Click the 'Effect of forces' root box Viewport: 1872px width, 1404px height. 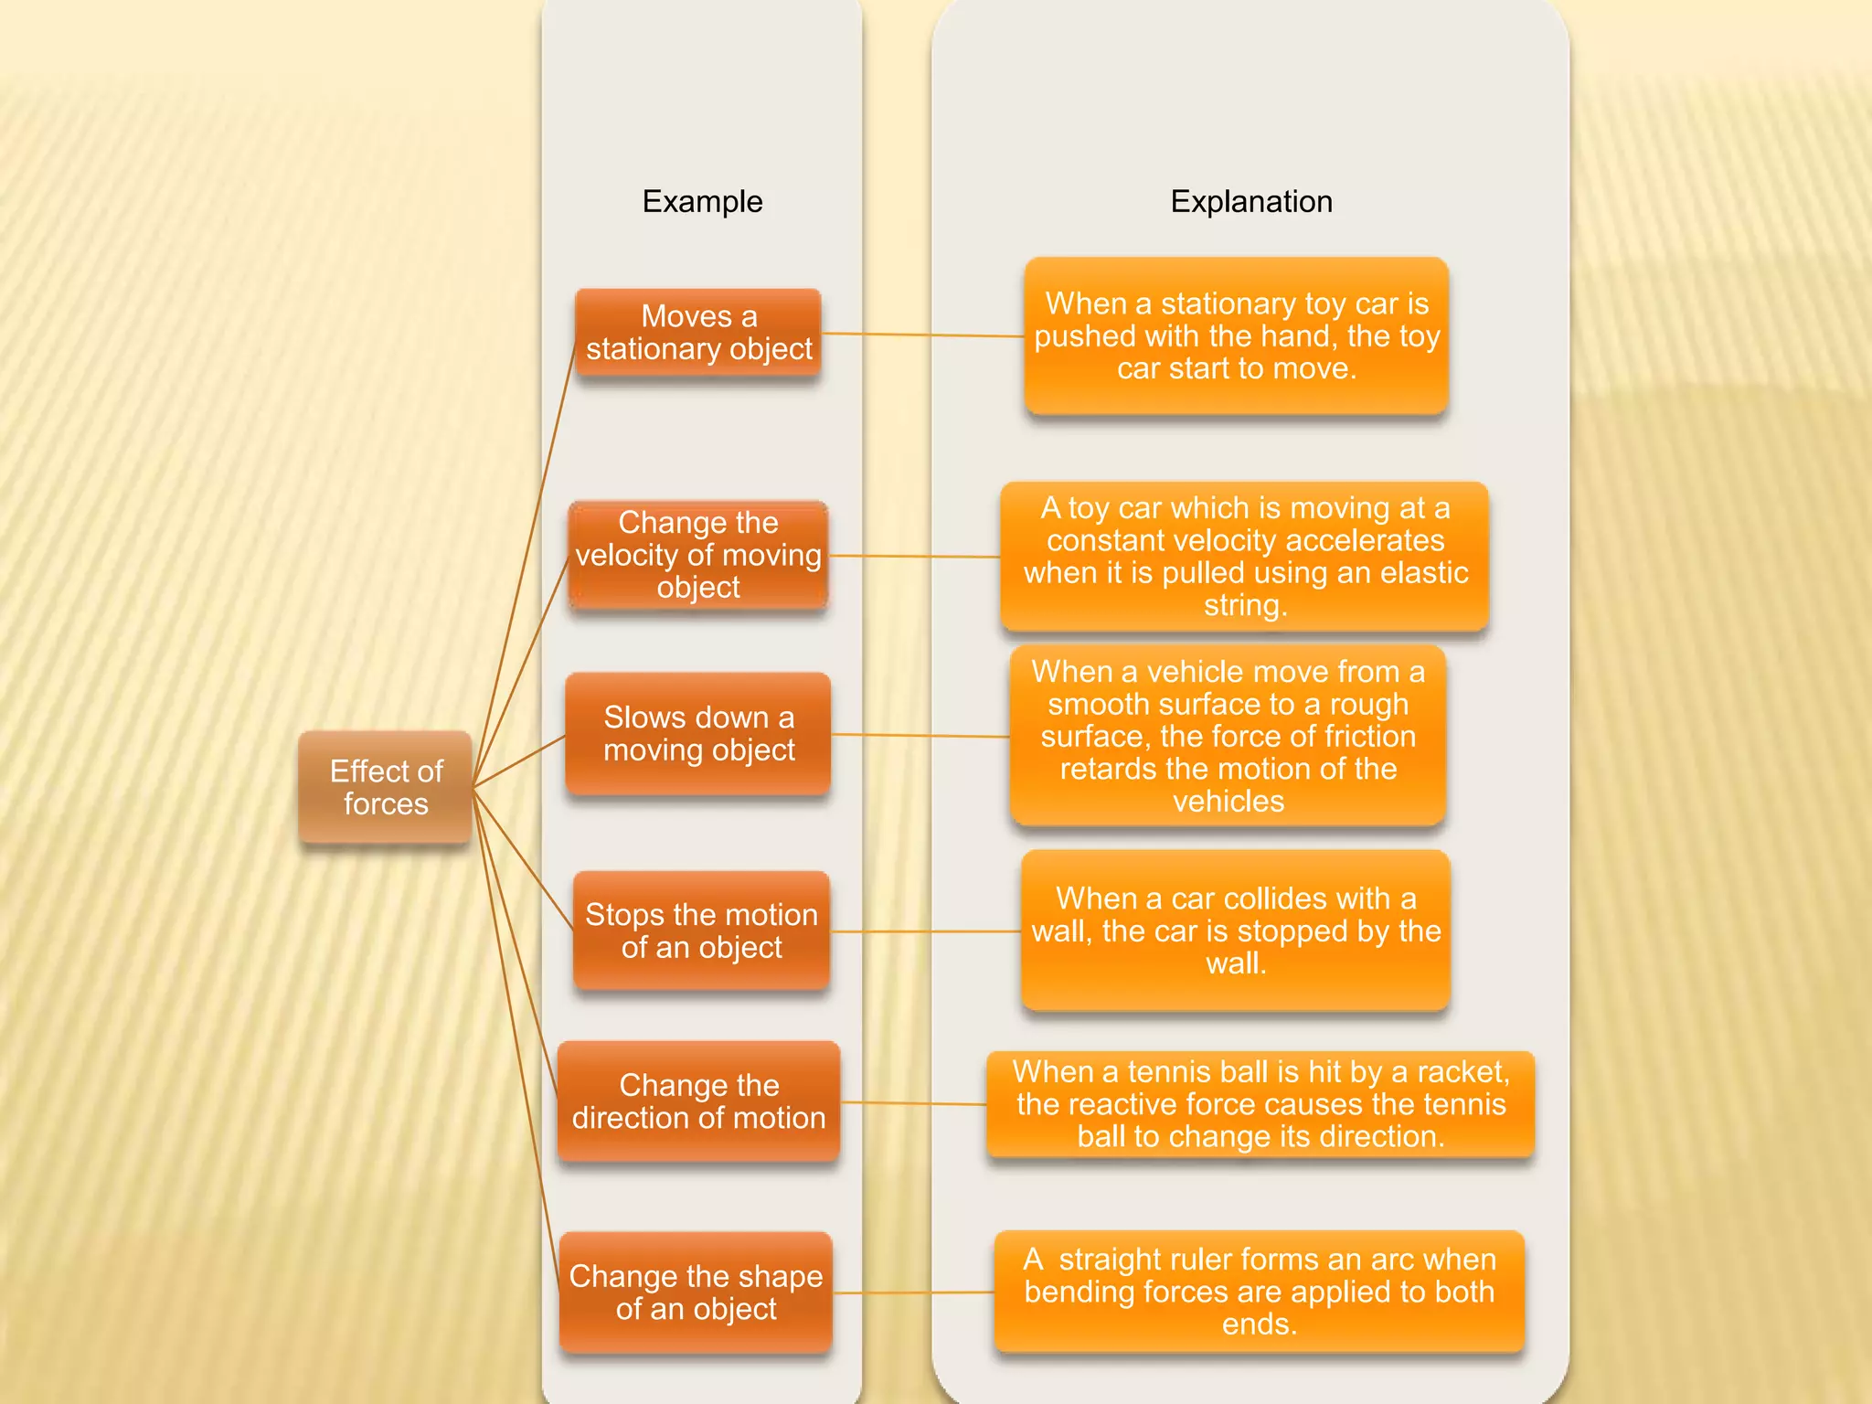[x=385, y=787]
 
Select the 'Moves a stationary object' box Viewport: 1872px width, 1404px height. [x=698, y=333]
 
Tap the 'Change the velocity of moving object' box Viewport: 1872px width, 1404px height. [x=698, y=555]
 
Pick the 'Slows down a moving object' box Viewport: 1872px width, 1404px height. [x=698, y=734]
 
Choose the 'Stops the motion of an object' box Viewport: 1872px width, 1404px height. [x=701, y=931]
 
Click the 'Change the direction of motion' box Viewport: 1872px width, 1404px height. [x=698, y=1101]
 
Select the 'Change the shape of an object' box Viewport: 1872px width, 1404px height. [x=696, y=1292]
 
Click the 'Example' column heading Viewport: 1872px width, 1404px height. [x=702, y=201]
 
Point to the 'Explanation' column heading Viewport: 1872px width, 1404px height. [x=1251, y=201]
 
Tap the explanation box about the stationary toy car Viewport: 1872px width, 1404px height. [x=1236, y=336]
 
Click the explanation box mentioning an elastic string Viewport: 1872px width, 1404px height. [x=1244, y=557]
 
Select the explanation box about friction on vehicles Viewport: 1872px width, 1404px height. [x=1228, y=736]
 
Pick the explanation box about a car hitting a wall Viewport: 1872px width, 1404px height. [x=1236, y=931]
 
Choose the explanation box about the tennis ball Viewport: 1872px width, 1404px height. [x=1260, y=1104]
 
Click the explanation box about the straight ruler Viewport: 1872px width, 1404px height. [x=1260, y=1292]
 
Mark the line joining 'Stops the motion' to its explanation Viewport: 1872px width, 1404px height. [x=925, y=931]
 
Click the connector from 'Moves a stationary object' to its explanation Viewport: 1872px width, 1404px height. [x=923, y=335]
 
